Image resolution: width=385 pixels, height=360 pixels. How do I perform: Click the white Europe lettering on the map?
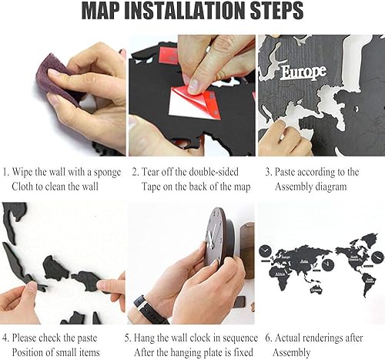pos(303,72)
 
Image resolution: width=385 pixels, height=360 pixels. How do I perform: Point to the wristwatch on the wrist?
pos(149,309)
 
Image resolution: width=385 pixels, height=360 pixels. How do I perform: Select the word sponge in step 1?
pos(107,173)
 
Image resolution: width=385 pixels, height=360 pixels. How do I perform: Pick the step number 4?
pos(5,338)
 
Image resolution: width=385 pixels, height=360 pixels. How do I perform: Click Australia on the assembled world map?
pos(316,289)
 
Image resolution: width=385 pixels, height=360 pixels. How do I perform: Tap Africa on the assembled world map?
pos(280,276)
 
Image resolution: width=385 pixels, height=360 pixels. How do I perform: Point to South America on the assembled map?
pos(369,284)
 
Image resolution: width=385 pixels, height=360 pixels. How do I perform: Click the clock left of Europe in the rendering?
pos(266,251)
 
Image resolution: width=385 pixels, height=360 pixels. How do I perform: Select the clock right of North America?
pos(377,257)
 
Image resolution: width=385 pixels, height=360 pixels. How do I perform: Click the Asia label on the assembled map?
pos(304,262)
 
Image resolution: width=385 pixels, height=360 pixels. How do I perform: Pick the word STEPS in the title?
pos(276,11)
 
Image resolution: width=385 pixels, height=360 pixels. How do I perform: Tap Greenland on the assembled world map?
pos(370,238)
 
